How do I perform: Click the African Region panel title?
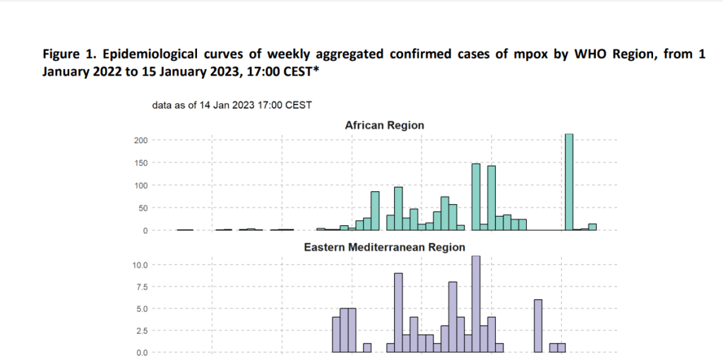[384, 125]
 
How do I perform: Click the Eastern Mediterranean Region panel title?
[384, 247]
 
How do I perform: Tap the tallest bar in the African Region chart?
[569, 182]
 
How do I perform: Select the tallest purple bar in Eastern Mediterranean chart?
[476, 304]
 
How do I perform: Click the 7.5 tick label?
[140, 287]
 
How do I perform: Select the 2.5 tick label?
[140, 330]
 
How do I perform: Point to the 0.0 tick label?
[140, 352]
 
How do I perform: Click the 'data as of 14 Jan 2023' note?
[232, 105]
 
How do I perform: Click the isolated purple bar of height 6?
[538, 326]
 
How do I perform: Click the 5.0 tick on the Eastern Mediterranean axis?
[140, 308]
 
